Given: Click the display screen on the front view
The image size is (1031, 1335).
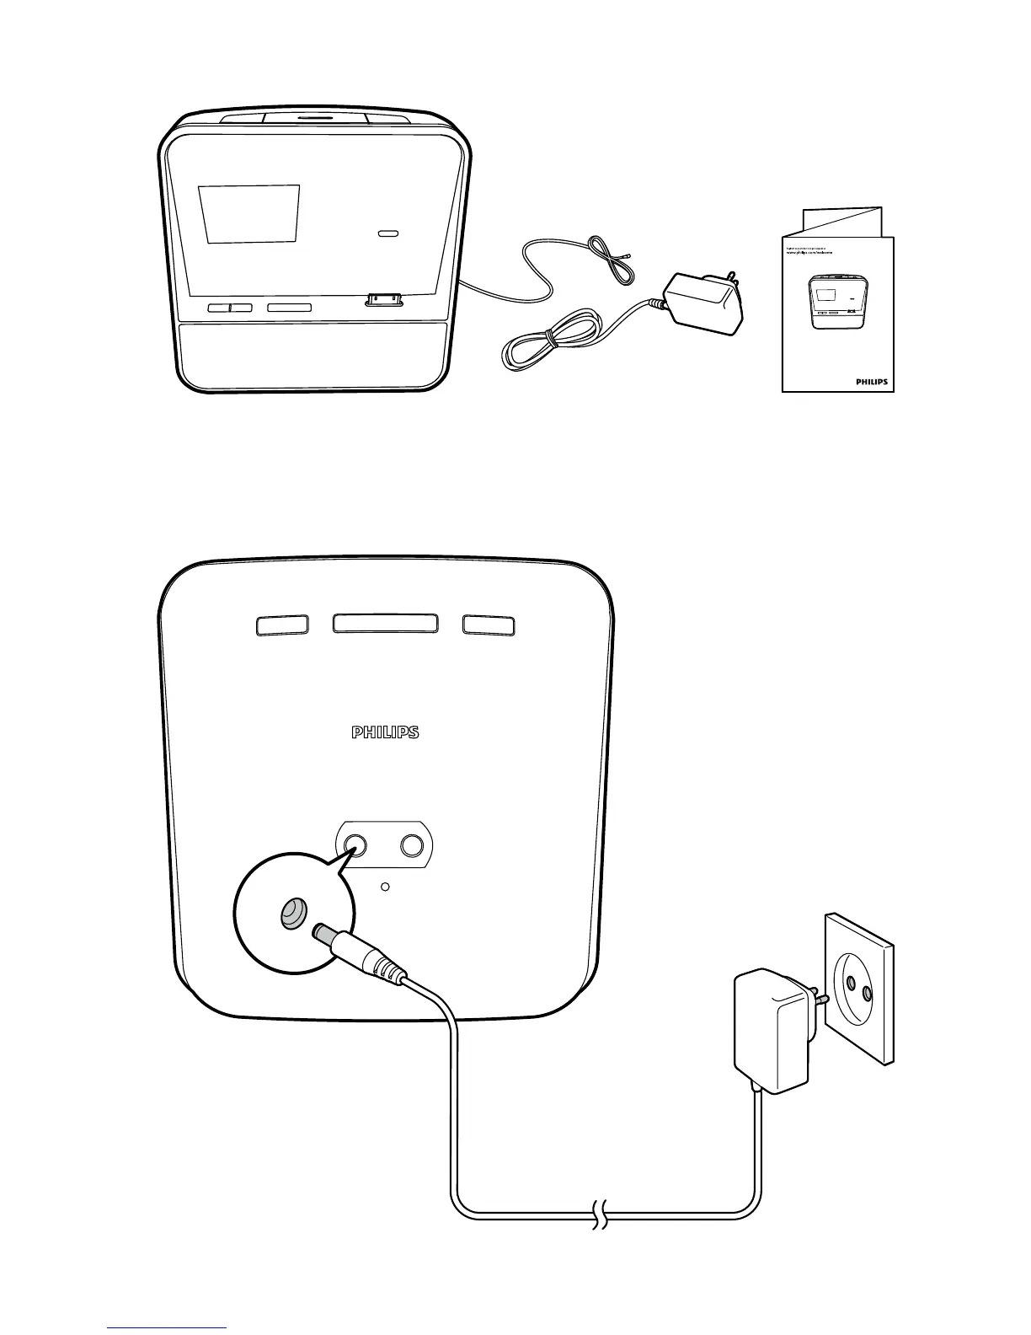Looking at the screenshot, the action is (x=248, y=214).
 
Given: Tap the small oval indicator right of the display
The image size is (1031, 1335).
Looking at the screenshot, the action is (x=388, y=233).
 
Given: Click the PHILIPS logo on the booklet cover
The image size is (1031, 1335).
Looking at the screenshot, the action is (x=872, y=382).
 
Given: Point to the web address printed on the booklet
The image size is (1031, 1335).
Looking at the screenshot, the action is (x=820, y=255).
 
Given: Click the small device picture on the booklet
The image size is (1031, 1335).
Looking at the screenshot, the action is (x=832, y=301).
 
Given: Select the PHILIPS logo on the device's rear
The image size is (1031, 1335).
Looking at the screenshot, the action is (x=385, y=733).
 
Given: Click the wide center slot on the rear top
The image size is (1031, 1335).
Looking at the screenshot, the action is (x=385, y=624).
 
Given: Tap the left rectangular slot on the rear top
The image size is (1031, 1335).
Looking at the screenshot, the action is (x=281, y=625).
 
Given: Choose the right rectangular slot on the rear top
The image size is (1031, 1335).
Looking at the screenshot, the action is (x=489, y=625).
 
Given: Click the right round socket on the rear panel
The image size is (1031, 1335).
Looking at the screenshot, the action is (x=412, y=845).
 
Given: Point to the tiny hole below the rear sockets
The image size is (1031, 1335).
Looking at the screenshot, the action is (x=385, y=887).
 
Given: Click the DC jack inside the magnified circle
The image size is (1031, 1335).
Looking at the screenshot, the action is (x=292, y=913).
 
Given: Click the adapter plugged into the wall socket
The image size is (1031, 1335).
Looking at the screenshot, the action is (x=773, y=1028).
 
